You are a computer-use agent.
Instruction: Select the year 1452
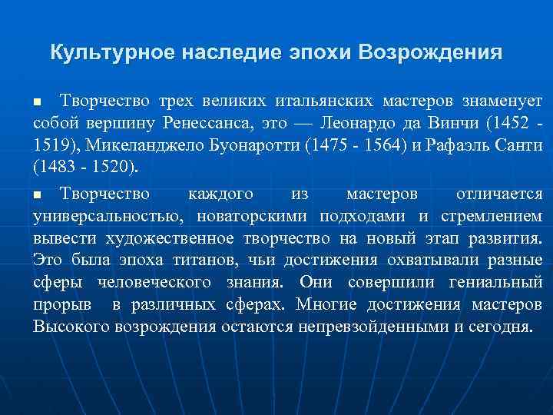pyautogui.click(x=514, y=124)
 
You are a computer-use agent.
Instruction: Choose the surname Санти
pyautogui.click(x=522, y=145)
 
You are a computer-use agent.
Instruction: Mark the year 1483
pyautogui.click(x=55, y=167)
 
